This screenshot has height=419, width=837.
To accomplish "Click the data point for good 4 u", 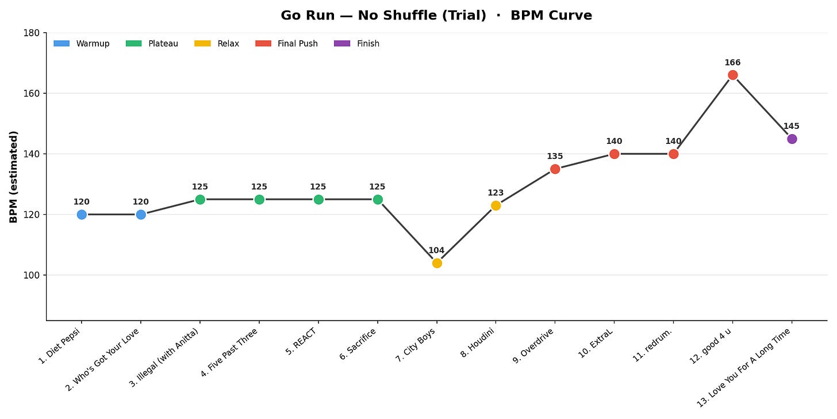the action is click(732, 75).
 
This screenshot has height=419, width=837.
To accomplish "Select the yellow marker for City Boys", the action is click(437, 264).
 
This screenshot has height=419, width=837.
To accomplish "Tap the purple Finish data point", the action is click(792, 139).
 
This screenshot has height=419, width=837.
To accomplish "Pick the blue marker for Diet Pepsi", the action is click(82, 215).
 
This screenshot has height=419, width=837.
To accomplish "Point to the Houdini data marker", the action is click(496, 206).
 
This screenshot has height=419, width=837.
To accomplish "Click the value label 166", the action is click(732, 63).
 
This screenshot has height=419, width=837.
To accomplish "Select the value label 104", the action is click(436, 250).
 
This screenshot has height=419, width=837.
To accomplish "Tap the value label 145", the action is click(792, 126).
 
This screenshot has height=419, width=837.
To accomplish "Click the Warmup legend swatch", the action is click(62, 43).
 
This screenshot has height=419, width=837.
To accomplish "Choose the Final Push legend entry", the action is click(287, 43).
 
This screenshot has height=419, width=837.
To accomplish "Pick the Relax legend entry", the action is click(217, 43).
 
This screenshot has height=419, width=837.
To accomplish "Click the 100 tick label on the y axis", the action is click(32, 275).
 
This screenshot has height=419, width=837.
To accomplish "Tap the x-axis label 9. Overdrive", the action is click(533, 346).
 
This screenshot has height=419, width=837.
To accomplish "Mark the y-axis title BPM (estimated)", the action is click(13, 177).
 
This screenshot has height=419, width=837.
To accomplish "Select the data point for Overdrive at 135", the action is click(555, 169).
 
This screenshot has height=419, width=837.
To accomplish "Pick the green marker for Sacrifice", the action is click(378, 199).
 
